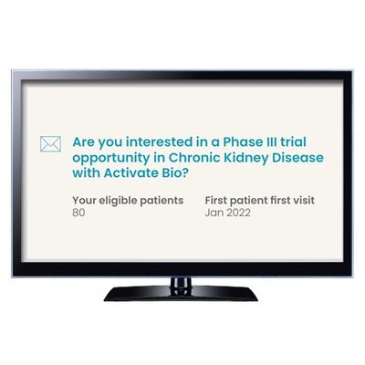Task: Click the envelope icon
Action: click(x=50, y=144)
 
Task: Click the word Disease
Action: click(x=297, y=158)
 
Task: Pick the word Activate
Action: click(x=130, y=173)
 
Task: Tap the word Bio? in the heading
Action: click(x=173, y=173)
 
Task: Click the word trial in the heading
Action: click(x=293, y=141)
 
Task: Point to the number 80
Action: click(x=78, y=213)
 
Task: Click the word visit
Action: click(x=302, y=200)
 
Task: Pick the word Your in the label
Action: click(x=84, y=200)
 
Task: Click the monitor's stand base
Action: click(x=181, y=294)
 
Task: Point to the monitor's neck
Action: click(x=181, y=282)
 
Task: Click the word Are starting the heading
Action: click(x=83, y=141)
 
